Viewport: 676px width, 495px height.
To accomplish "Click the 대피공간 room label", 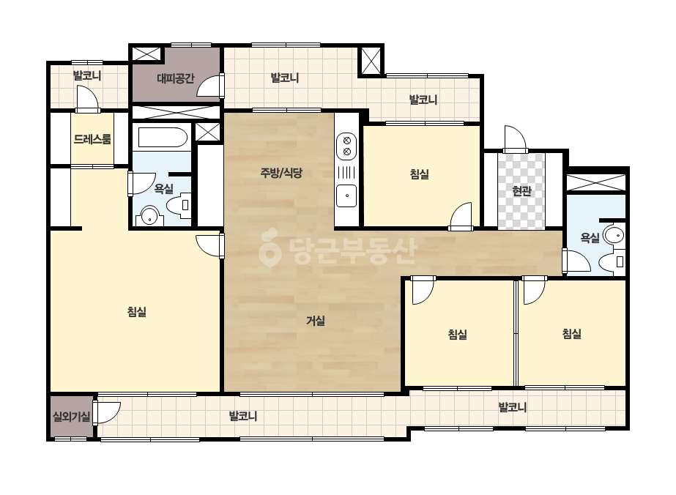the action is pos(176,78).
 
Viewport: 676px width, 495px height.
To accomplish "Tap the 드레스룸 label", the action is pos(92,139).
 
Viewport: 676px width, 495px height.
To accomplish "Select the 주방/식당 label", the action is pos(281,173).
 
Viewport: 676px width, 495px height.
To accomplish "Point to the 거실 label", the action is pos(315,321).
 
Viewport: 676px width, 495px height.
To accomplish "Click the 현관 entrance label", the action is pos(521,190).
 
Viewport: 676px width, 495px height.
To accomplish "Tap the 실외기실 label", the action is pos(72,417).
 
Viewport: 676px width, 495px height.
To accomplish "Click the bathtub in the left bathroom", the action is pos(163,138).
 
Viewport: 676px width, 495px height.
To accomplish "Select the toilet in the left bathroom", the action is pos(179,205).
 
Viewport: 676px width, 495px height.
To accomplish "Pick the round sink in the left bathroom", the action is pos(149,215).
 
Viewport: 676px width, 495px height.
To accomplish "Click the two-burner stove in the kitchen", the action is pos(346,145).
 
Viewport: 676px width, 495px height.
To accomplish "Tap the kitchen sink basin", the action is pos(346,196).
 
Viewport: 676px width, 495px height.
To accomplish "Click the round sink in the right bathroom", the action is pos(614,236).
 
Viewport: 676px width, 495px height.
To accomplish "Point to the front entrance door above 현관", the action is pos(516,139).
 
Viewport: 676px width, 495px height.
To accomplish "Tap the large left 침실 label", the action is pos(137,311).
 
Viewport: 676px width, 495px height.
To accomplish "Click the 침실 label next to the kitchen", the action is pos(419,174).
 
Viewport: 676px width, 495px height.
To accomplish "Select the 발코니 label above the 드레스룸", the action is pos(87,76).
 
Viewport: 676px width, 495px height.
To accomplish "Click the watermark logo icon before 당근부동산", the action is pos(270,247).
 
